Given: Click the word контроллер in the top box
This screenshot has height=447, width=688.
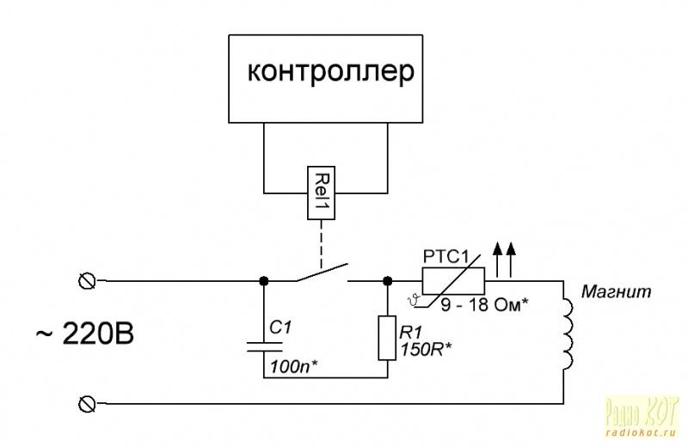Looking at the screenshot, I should point(331,72).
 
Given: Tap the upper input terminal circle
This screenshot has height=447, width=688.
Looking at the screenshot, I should point(86,280).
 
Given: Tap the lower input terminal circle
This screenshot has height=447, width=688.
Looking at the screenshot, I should point(86,402).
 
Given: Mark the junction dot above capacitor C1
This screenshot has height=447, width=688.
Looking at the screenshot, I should point(262,280).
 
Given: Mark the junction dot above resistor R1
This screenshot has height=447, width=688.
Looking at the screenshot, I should point(388,280).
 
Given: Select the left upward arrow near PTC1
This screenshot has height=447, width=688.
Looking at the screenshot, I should point(497,256).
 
